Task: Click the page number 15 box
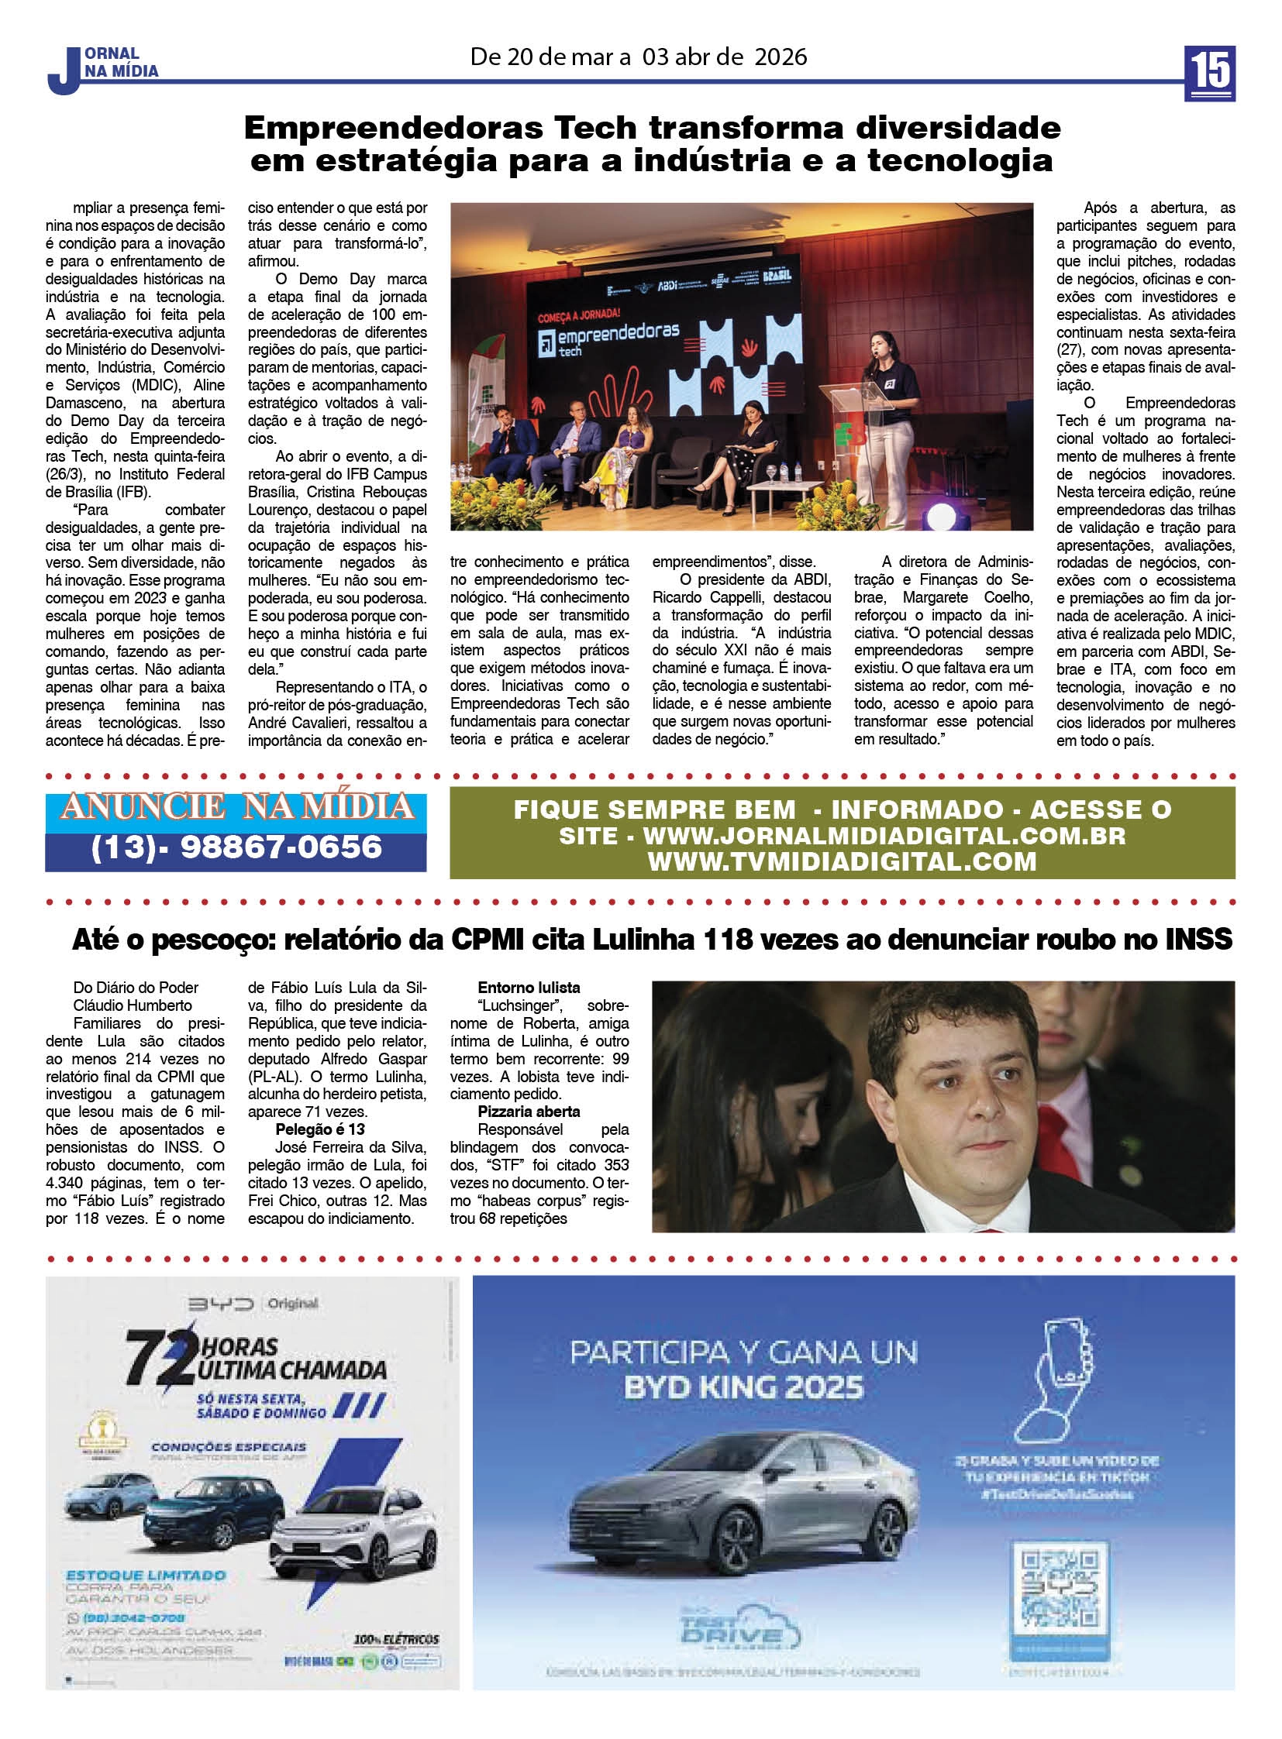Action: pyautogui.click(x=1209, y=73)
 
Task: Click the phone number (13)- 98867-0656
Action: pyautogui.click(x=236, y=846)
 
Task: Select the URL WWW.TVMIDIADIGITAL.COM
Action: pyautogui.click(x=842, y=861)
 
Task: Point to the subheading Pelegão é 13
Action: pyautogui.click(x=319, y=1129)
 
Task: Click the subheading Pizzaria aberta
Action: pyautogui.click(x=529, y=1112)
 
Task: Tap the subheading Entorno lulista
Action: pyautogui.click(x=529, y=988)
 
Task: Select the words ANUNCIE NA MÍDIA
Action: pyautogui.click(x=236, y=807)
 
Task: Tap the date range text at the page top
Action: pyautogui.click(x=638, y=57)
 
